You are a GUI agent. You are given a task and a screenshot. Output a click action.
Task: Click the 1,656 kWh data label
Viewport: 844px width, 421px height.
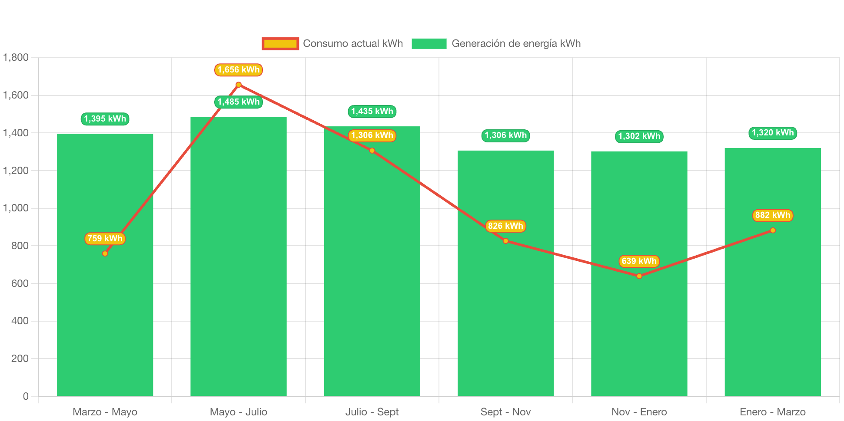(x=239, y=70)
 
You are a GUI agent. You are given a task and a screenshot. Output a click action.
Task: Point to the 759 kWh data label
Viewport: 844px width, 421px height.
(x=105, y=238)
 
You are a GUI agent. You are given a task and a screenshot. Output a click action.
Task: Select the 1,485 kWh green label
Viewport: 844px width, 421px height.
(x=239, y=102)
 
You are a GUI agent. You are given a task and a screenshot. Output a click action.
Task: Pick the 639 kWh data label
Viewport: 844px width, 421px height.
(x=639, y=261)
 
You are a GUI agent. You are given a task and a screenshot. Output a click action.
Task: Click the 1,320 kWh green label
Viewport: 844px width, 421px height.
(x=772, y=133)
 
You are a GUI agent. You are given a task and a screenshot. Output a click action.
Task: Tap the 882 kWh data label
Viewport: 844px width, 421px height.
(x=772, y=215)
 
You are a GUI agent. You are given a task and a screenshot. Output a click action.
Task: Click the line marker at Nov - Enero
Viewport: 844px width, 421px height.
(x=639, y=276)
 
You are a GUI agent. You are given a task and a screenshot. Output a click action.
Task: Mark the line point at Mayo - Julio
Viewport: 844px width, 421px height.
(x=239, y=85)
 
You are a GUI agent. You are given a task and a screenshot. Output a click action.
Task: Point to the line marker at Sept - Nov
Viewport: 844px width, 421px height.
(x=505, y=241)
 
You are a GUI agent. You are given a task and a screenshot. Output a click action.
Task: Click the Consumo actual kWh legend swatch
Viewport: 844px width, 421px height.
(x=280, y=43)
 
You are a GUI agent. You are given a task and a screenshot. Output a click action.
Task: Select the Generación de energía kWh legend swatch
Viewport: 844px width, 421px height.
(x=429, y=43)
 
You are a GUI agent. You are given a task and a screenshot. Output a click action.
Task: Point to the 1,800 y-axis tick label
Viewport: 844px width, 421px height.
(x=16, y=57)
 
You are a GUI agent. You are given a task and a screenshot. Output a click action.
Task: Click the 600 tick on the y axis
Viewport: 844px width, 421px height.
(x=20, y=283)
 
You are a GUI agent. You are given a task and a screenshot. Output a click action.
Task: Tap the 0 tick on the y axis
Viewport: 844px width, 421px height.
(x=26, y=396)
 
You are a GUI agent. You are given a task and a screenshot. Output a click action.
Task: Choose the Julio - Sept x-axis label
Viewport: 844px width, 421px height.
(x=372, y=412)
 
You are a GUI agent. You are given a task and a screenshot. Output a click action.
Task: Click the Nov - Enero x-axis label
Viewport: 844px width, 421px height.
(x=639, y=412)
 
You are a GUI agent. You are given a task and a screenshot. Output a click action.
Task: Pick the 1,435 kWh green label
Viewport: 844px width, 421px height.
(x=372, y=112)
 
